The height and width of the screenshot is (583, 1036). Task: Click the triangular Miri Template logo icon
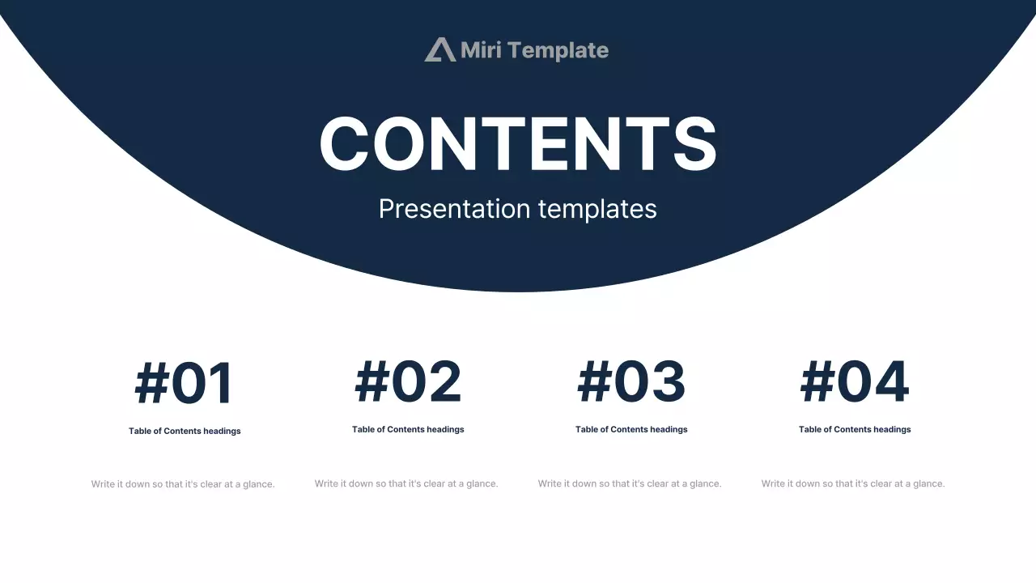tap(440, 49)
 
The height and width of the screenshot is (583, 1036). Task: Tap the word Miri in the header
tap(481, 50)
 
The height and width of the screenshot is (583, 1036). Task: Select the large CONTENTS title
tap(518, 143)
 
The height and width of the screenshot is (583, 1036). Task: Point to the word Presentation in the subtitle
tap(454, 209)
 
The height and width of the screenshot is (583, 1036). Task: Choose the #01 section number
tap(184, 383)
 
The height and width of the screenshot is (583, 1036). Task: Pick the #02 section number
tap(408, 381)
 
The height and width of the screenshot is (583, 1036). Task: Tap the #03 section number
tap(631, 381)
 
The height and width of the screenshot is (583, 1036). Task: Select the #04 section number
tap(855, 381)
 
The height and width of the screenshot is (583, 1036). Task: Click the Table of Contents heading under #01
tap(185, 432)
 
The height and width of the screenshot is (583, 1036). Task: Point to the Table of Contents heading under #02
tap(408, 429)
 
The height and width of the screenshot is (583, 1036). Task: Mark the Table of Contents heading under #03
tap(631, 429)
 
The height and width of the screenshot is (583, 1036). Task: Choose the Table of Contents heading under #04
tap(855, 429)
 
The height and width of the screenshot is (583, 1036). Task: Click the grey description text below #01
tap(183, 484)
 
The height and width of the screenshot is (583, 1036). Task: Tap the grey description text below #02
tap(406, 484)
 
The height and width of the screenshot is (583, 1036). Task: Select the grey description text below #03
tap(630, 484)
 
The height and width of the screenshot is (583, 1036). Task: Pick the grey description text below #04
tap(853, 484)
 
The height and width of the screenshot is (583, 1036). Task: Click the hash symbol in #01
tap(151, 383)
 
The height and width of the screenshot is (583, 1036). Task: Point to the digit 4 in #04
tap(891, 381)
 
